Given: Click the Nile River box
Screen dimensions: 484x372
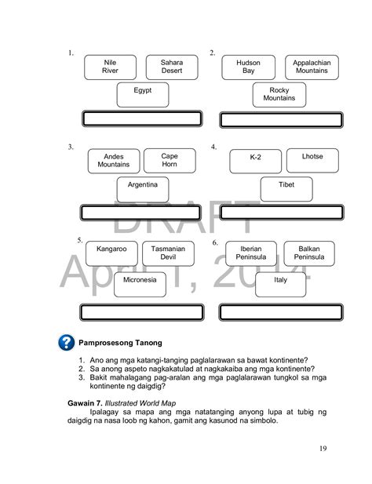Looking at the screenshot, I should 110,67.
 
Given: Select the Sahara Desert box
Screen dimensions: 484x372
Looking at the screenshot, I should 172,67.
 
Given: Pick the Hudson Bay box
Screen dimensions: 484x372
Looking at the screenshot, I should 248,67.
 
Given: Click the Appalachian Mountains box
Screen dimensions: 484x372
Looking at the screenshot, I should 312,67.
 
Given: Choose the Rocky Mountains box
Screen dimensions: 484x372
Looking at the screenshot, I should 279,95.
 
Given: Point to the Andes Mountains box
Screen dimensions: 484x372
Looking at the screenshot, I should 114,161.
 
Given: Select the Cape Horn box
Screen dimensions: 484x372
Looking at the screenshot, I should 170,160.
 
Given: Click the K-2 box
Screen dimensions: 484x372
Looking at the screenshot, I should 255,161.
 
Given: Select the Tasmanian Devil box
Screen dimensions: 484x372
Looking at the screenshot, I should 168,253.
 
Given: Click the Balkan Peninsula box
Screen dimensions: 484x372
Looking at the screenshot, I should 308,253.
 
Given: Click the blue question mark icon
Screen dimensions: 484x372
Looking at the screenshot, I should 66,343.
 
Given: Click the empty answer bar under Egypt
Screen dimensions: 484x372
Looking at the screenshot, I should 142,118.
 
